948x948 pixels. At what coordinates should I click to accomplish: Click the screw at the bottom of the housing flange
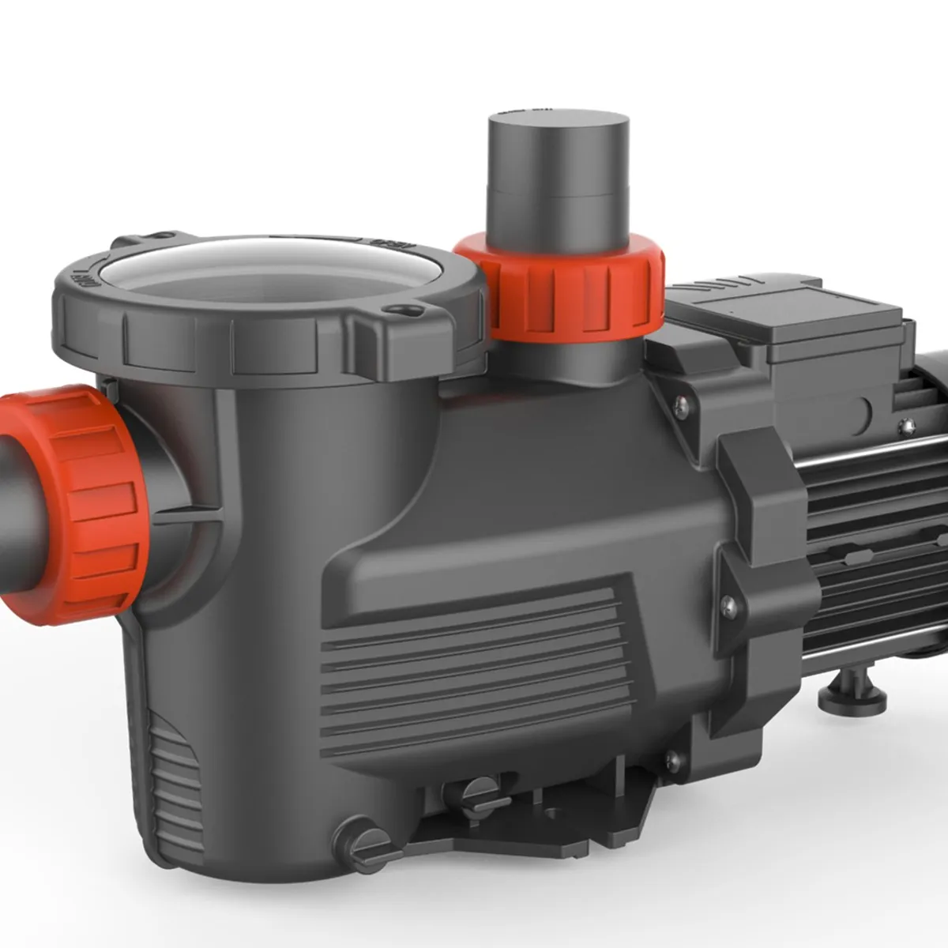tap(673, 759)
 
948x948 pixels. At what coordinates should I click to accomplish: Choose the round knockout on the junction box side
tap(857, 411)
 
